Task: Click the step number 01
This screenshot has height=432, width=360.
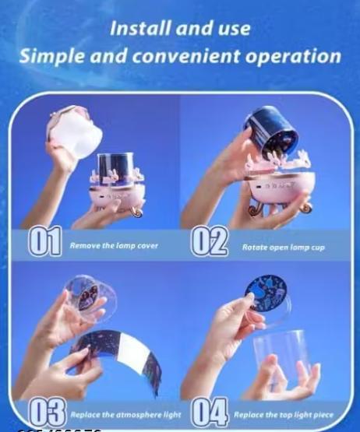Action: pos(45,243)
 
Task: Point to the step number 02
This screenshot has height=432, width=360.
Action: pos(210,243)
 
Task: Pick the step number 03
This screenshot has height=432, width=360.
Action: pos(47,410)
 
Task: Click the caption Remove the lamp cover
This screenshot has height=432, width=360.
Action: pos(114,245)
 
